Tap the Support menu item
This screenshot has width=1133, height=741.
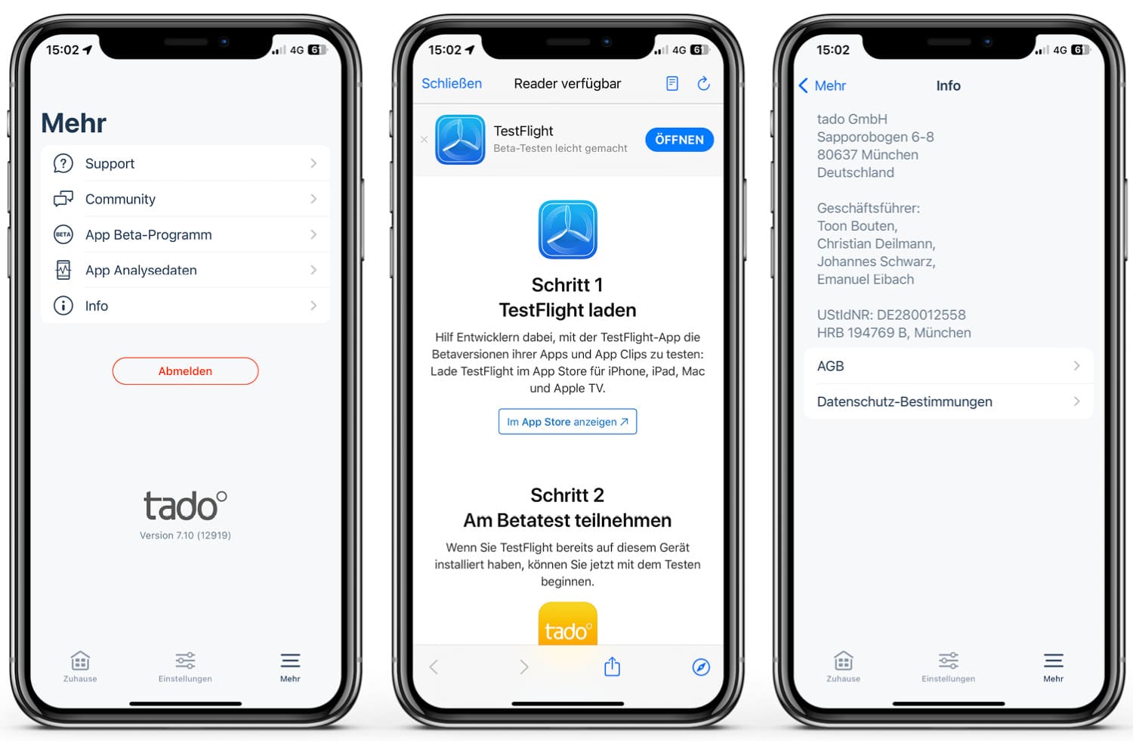(x=185, y=163)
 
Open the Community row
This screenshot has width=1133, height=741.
(x=185, y=199)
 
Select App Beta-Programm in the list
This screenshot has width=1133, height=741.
(x=185, y=234)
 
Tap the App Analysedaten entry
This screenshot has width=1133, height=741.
(x=185, y=270)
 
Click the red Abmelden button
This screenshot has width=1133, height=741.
(x=185, y=371)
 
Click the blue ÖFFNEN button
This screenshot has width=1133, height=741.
(x=679, y=140)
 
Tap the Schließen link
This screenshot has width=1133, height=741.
(x=451, y=83)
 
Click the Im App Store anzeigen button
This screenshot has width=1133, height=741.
(x=567, y=422)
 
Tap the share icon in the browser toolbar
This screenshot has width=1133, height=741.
(x=612, y=667)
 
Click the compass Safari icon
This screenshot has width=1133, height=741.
(x=701, y=667)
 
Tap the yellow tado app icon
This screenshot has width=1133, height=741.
(x=567, y=625)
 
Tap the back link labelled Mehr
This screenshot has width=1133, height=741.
(x=823, y=85)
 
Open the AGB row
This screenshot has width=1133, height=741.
(x=948, y=366)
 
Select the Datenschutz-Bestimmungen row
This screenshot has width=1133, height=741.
(x=948, y=402)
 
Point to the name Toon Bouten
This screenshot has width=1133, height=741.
(x=857, y=226)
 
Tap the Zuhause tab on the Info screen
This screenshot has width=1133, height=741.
(x=843, y=666)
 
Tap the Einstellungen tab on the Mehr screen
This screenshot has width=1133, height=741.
(x=185, y=666)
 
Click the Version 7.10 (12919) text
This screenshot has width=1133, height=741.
(x=185, y=535)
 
